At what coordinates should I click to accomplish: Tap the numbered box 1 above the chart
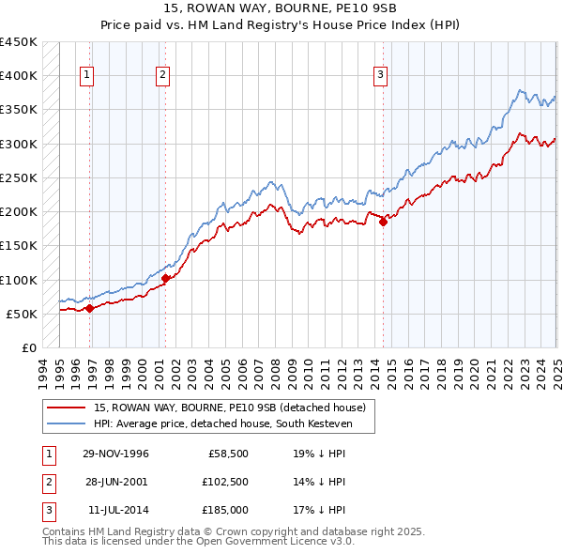tap(86, 76)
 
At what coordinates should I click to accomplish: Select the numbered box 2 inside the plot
tap(162, 76)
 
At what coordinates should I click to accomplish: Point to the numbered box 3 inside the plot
tap(380, 76)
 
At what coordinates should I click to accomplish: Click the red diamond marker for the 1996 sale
tap(89, 308)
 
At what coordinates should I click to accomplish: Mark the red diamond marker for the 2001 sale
tap(165, 278)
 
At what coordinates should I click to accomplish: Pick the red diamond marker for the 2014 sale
tap(383, 223)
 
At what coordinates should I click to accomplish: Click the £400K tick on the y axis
tap(19, 76)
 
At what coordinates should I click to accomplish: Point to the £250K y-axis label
tap(19, 178)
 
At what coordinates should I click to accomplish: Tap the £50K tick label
tap(23, 315)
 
